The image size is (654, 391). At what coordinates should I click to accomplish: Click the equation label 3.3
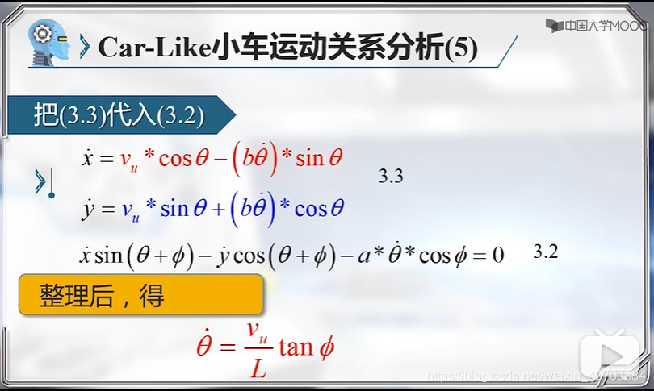point(391,177)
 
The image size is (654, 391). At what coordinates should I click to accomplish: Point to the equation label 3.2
point(546,252)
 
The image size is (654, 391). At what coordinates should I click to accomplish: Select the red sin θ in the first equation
point(320,158)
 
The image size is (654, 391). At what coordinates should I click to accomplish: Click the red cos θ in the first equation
point(185,158)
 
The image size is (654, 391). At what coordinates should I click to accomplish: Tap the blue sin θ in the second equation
point(186,210)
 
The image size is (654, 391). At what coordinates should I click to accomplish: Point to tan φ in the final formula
point(306,347)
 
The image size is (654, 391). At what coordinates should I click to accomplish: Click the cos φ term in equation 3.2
point(439,256)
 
